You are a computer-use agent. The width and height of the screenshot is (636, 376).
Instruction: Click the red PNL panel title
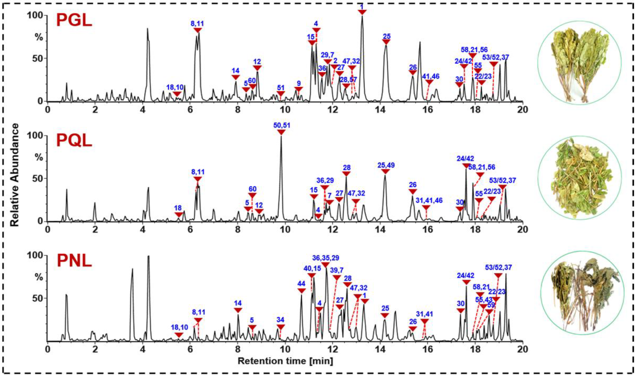(74, 261)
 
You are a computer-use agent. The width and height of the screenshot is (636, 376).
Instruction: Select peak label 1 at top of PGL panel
(362, 6)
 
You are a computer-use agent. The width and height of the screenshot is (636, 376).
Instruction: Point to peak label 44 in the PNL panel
(301, 283)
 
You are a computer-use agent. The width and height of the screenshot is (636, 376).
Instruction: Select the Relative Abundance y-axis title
(15, 175)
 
